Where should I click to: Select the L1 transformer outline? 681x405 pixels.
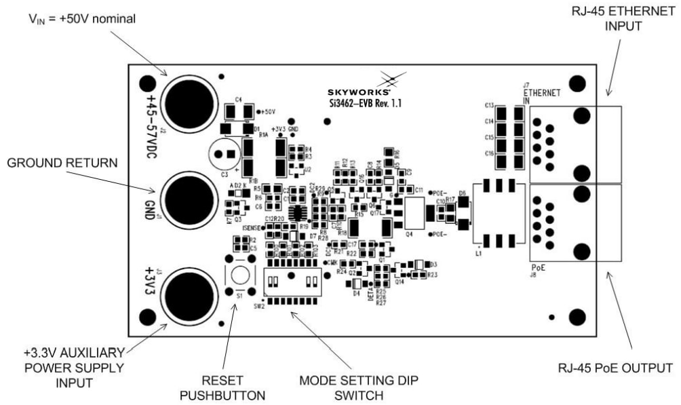[x=499, y=212]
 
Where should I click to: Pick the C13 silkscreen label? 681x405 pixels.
[x=488, y=107]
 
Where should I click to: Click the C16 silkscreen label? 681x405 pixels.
[x=488, y=154]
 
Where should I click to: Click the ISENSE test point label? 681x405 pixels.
[x=252, y=228]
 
